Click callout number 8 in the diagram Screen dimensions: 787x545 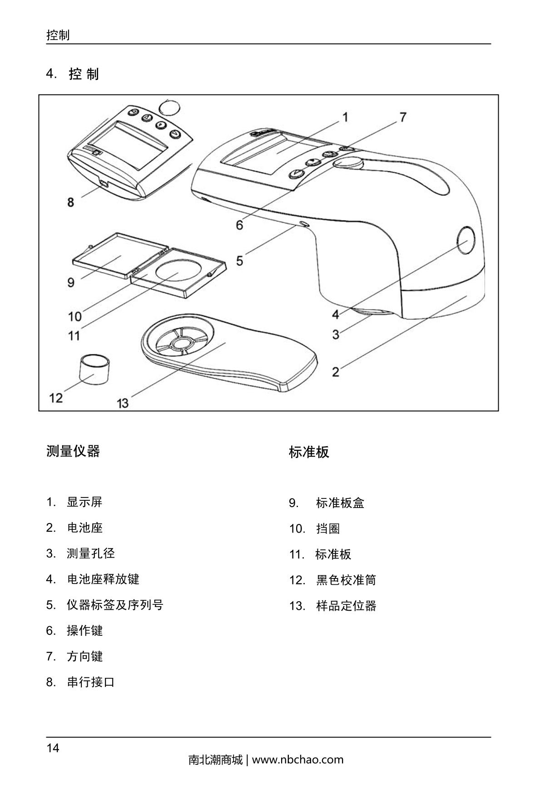point(70,202)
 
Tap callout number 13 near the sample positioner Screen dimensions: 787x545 point(123,403)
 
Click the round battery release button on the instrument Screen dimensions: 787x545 point(466,240)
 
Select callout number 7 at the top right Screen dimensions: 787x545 point(402,117)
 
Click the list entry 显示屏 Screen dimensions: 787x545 point(84,502)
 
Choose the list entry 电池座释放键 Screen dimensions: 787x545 point(103,579)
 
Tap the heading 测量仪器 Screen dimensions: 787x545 point(73,451)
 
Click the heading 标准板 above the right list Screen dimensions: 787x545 point(309,452)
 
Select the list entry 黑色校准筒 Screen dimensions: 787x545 point(346,580)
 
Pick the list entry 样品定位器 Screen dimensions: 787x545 point(346,606)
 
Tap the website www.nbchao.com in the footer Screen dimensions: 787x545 point(297,760)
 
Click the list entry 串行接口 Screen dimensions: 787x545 point(91,682)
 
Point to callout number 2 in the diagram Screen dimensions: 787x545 point(336,372)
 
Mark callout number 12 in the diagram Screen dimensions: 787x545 point(56,398)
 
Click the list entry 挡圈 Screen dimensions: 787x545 point(328,529)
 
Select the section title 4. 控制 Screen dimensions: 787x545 point(73,74)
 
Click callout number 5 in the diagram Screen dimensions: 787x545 point(239,261)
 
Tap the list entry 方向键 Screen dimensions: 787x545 point(85,657)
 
